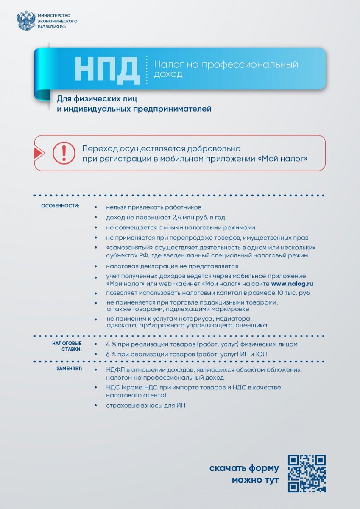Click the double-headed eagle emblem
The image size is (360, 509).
coord(26,20)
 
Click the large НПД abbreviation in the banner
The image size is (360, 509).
coord(107,69)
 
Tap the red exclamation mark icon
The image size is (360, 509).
coord(64,153)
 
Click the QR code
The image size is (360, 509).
coord(307,474)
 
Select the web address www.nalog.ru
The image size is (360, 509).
coord(292,284)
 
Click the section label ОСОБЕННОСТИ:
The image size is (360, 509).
coord(60,206)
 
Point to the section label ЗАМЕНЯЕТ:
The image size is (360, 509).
coord(70,369)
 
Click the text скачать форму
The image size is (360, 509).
coord(244,468)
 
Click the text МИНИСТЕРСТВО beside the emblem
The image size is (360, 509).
coord(53,15)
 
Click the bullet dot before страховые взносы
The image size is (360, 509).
coord(97,406)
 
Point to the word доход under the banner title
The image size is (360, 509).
coord(168,75)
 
